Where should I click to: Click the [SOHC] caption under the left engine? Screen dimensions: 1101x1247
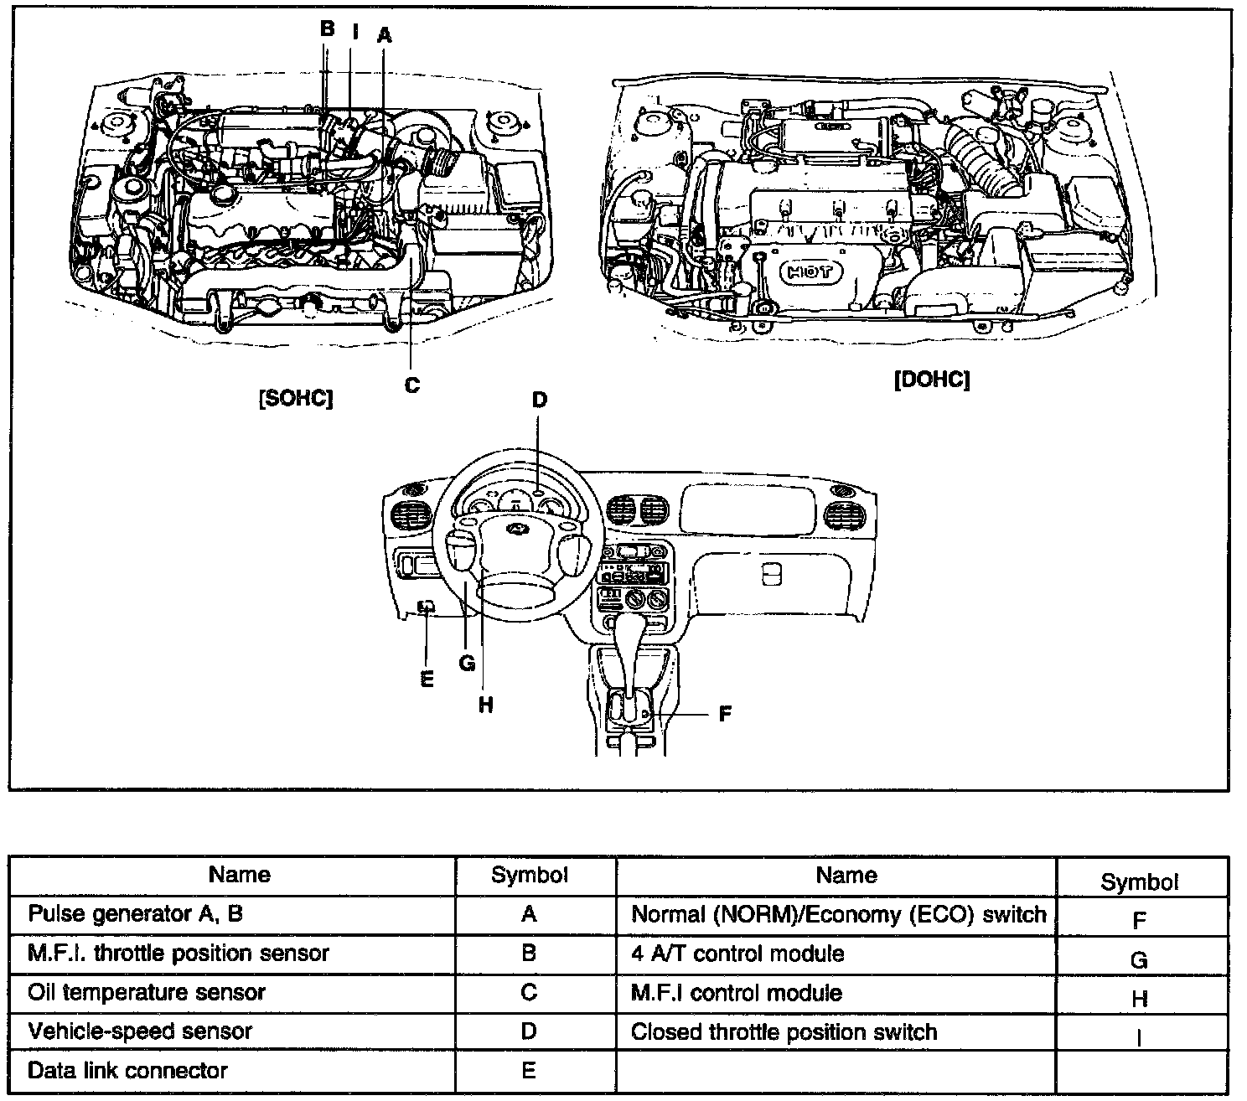pos(296,399)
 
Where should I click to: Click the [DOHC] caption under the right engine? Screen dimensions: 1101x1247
pos(931,380)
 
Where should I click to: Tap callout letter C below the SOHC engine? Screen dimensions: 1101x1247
pos(411,385)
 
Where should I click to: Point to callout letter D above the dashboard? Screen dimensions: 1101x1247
pos(539,400)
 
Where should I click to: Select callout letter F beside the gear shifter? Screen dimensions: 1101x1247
pos(725,714)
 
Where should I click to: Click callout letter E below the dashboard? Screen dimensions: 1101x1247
pos(427,679)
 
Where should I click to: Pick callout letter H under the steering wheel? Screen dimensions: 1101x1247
pos(485,706)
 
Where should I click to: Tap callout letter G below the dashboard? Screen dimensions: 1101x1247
pos(467,664)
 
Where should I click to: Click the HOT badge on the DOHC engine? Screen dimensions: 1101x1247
pos(810,272)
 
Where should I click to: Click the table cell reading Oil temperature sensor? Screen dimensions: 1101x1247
pos(147,993)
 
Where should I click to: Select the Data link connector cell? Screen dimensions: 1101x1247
pos(127,1070)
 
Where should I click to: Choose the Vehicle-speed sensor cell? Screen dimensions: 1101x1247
pos(140,1031)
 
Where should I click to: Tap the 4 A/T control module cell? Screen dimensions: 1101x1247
pos(737,954)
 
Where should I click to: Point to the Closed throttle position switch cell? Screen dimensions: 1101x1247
pos(784,1031)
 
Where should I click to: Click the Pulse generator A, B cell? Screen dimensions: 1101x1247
pos(135,913)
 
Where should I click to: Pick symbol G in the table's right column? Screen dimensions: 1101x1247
pos(1138,960)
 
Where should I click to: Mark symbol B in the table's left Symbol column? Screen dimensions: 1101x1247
pos(528,953)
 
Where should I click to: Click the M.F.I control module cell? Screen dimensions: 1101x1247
pos(737,993)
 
